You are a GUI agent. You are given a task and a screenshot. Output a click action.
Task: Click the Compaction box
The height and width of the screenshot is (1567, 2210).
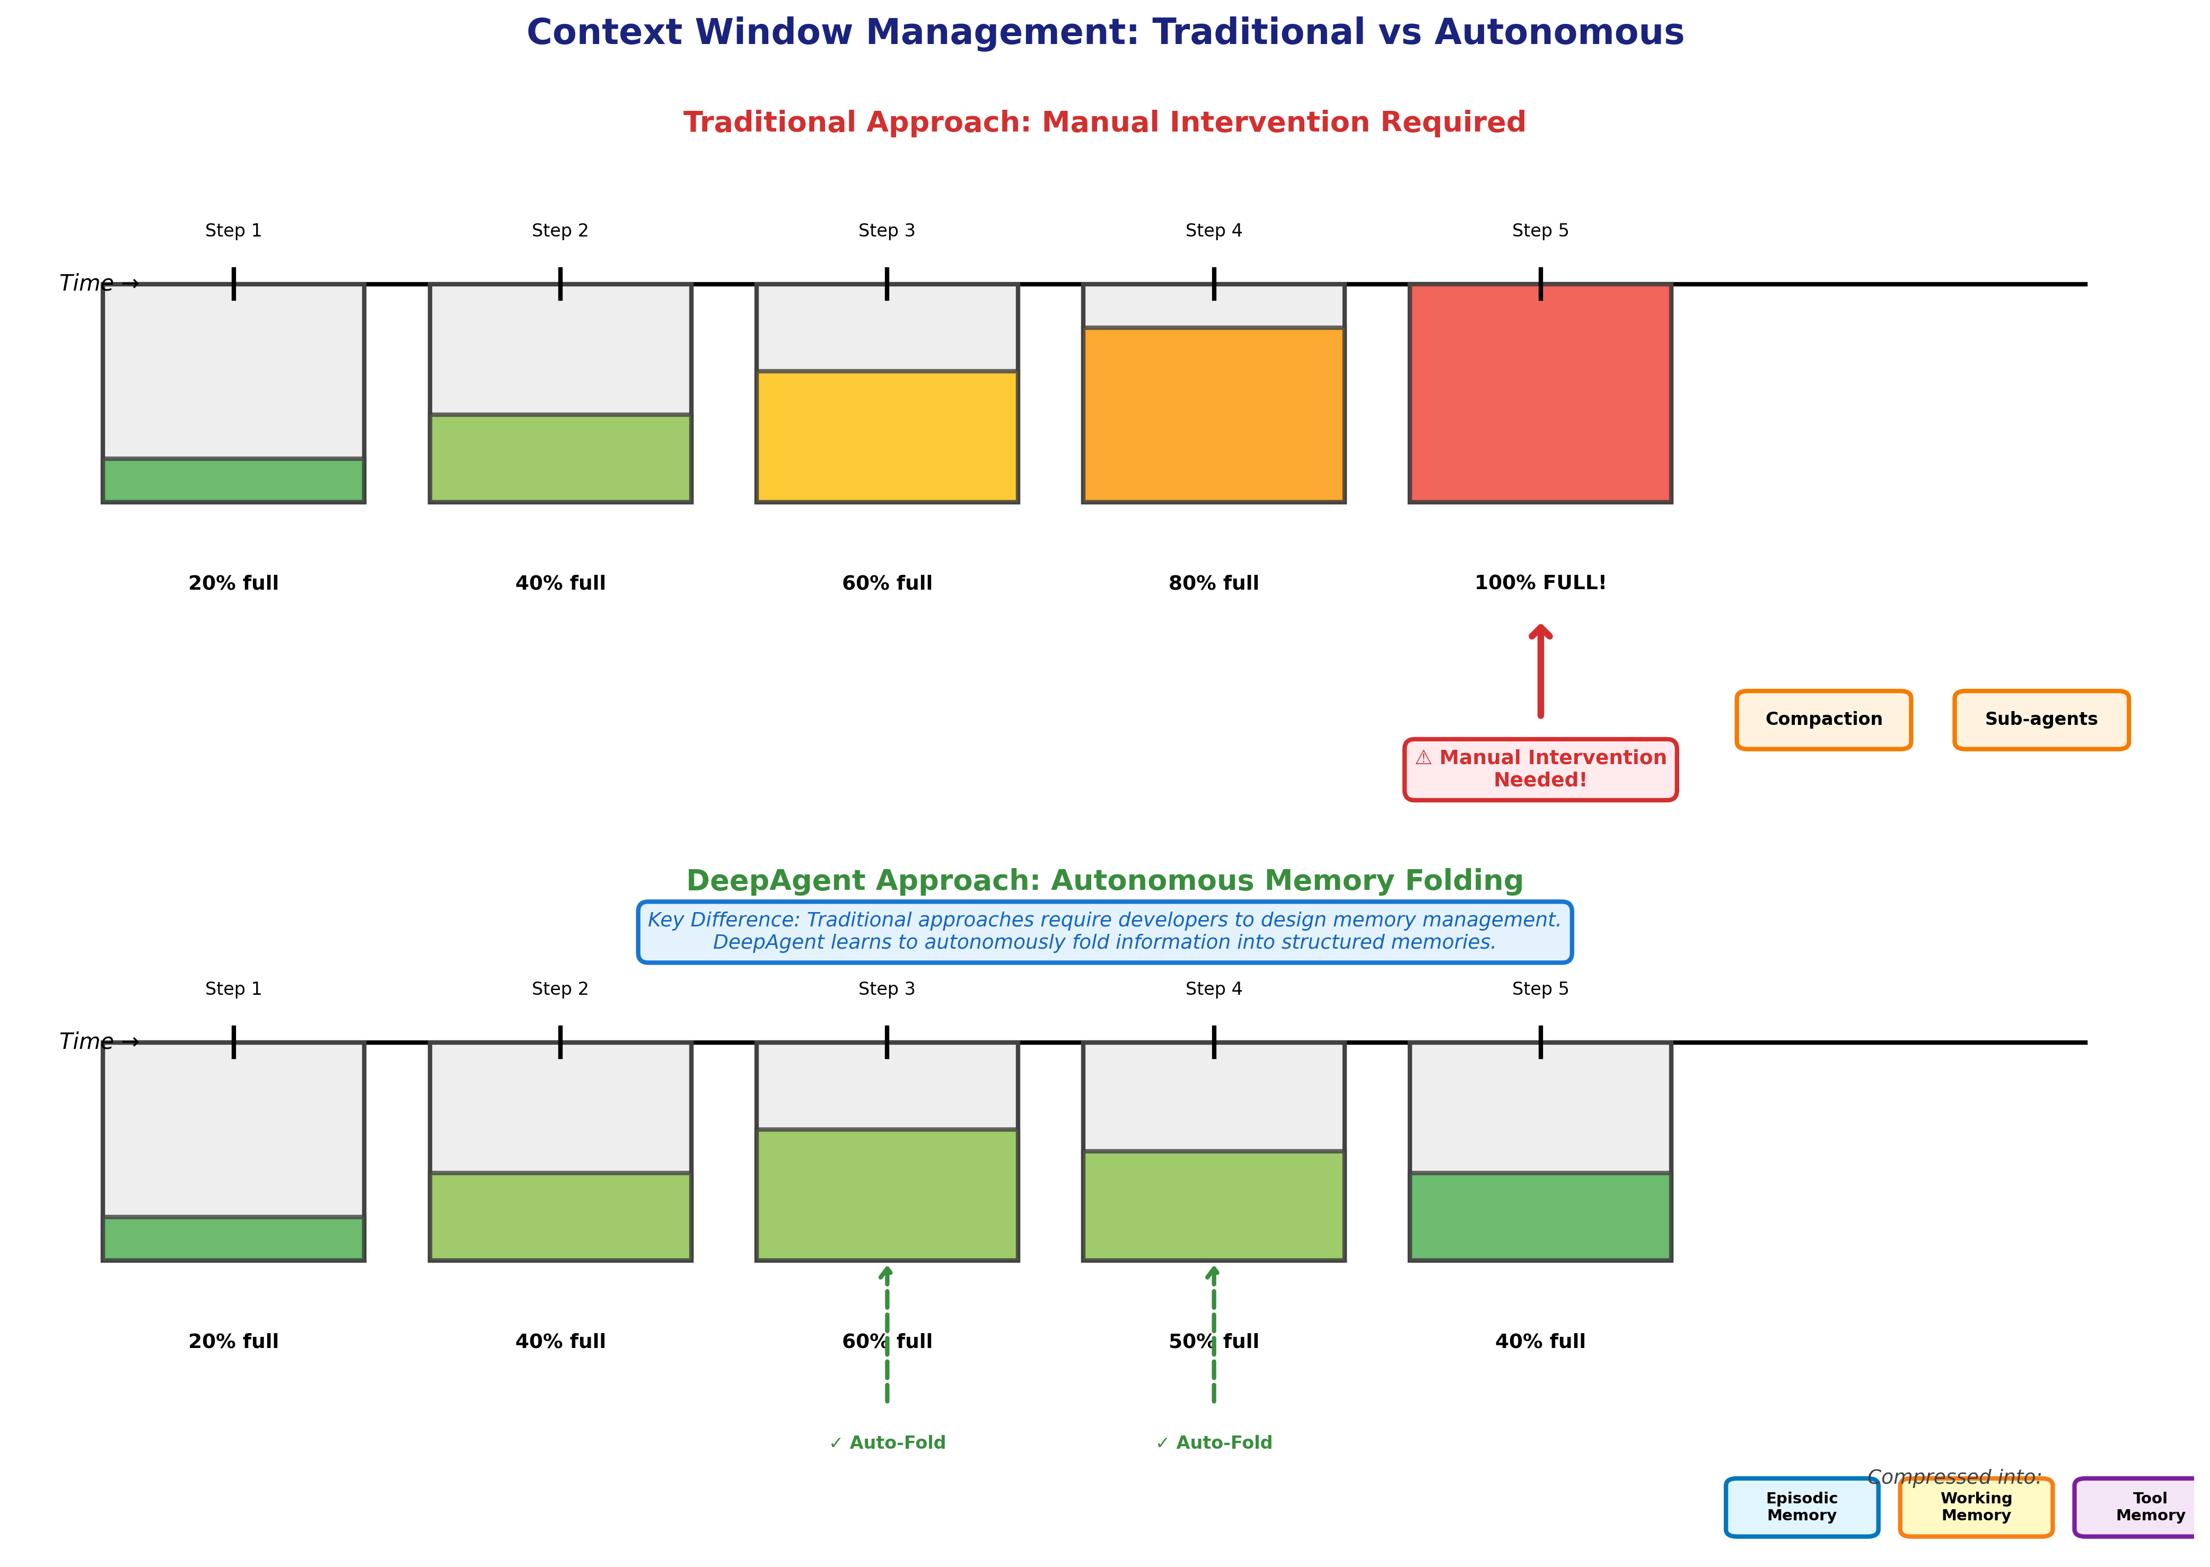click(1822, 720)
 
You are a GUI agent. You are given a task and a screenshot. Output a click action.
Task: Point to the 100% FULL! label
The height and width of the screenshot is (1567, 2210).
click(1540, 583)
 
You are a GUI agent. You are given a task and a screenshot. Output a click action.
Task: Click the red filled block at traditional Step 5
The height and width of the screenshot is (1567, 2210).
click(1540, 393)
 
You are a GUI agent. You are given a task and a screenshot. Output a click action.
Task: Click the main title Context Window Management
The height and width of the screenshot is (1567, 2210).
click(1104, 32)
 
